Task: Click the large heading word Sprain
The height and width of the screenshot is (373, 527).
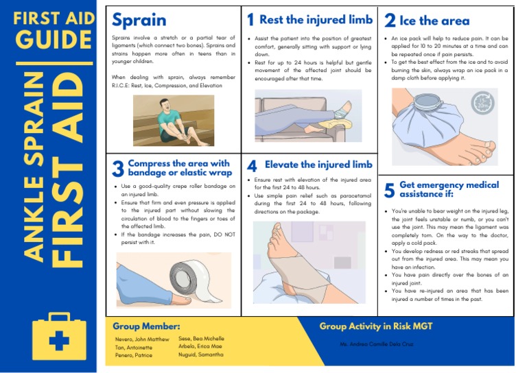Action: (x=139, y=21)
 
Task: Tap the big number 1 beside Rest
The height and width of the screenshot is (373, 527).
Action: (x=250, y=20)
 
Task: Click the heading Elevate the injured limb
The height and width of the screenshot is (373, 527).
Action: (x=318, y=165)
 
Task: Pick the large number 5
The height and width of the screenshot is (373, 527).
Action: (x=389, y=190)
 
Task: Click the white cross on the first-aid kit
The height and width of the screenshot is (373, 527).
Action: (x=62, y=340)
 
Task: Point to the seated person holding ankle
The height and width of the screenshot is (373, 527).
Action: (x=175, y=125)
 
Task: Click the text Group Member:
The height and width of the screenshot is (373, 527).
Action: (x=146, y=326)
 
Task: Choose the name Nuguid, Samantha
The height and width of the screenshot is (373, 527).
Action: (x=201, y=354)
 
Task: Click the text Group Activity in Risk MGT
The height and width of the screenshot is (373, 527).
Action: (x=376, y=326)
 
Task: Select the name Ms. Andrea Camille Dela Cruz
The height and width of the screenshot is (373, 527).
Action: (x=375, y=343)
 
